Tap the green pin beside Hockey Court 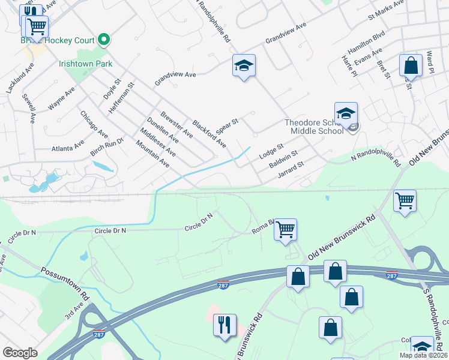click(104, 40)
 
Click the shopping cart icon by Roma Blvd click(286, 229)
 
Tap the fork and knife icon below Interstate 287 click(224, 325)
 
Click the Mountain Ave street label click(152, 154)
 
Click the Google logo click(20, 353)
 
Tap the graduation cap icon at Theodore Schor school click(346, 112)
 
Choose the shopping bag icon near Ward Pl click(411, 65)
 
